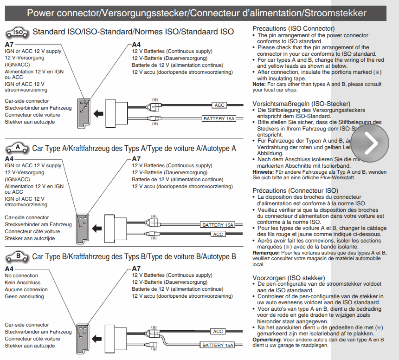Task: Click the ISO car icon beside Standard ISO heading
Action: (x=18, y=33)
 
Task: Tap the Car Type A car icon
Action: (x=18, y=148)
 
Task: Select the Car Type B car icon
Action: (x=18, y=256)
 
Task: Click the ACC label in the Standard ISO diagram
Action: (x=219, y=105)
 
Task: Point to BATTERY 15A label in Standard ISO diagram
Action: (x=219, y=119)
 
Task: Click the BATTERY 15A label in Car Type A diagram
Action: (x=218, y=225)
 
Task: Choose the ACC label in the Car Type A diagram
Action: (x=218, y=235)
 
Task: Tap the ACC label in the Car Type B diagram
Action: (x=218, y=332)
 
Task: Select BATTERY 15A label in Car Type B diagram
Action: (x=218, y=346)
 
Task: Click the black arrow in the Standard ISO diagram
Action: (x=97, y=113)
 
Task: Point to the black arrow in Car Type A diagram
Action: (x=97, y=229)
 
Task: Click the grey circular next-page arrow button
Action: (x=370, y=143)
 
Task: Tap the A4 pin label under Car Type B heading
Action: (x=9, y=268)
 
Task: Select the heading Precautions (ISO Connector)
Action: (x=293, y=29)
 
